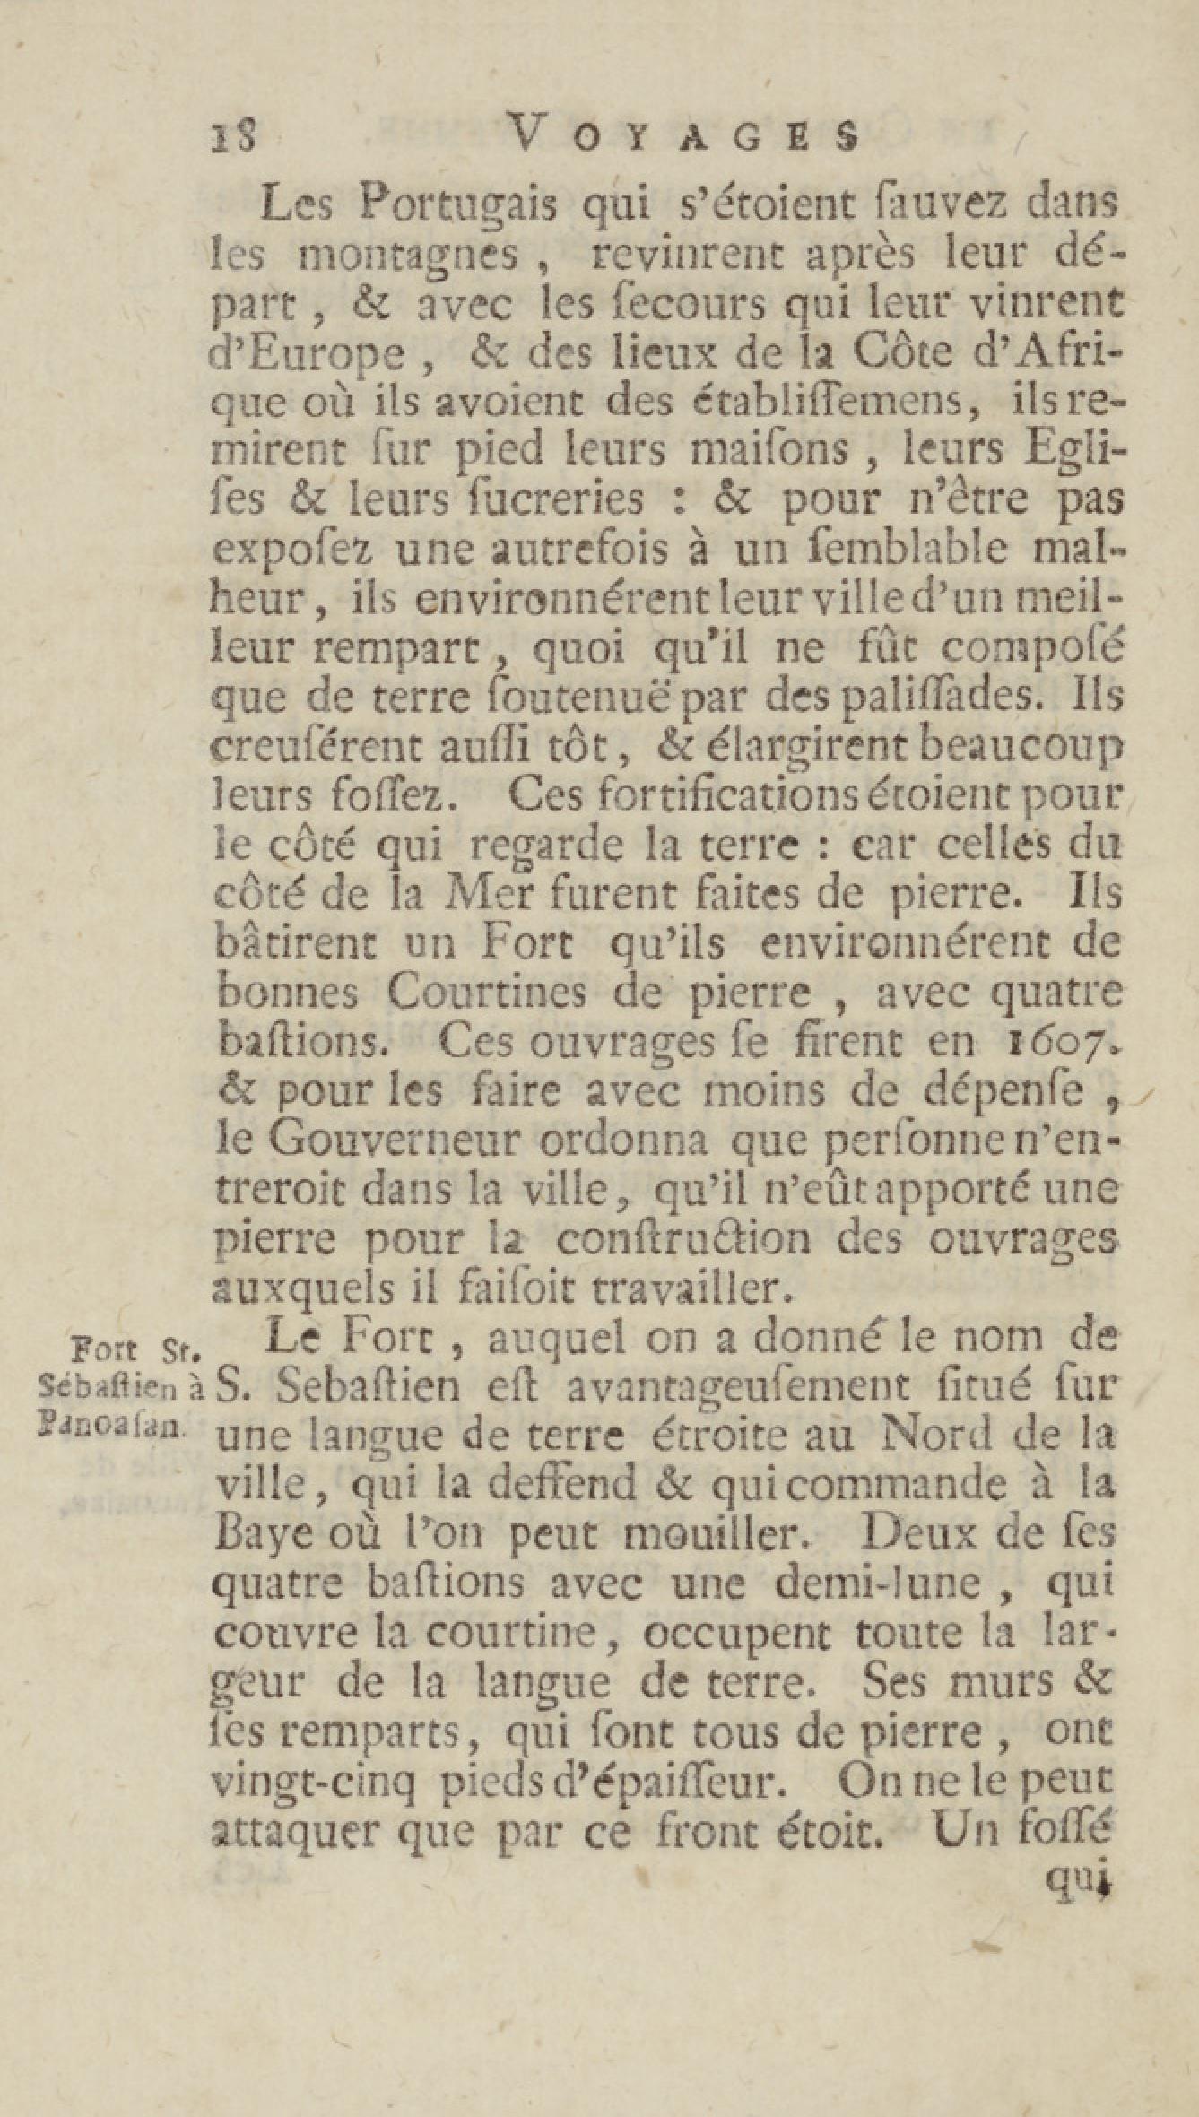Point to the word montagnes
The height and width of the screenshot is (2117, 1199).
[x=408, y=256]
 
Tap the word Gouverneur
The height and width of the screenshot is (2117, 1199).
[x=395, y=1141]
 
